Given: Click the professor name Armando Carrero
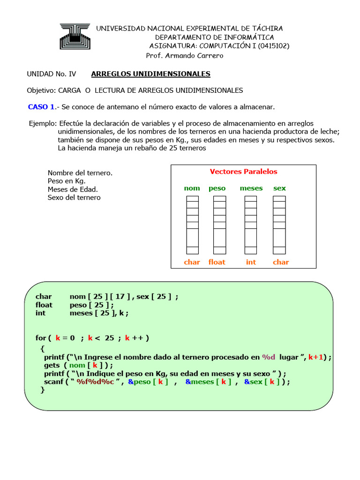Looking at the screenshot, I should coord(185,56).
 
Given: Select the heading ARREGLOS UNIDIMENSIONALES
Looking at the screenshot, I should coord(150,74).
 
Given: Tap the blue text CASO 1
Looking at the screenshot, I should coord(41,107).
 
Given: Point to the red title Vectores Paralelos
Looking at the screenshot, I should coord(243,172).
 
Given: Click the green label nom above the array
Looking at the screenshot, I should coord(192,188).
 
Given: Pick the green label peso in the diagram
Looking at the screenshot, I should coord(217,188).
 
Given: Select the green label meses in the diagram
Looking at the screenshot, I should coord(251,188).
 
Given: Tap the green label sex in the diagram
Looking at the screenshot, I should coord(279,188).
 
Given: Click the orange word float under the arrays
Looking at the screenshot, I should coord(217,262).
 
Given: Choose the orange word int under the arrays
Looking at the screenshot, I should coord(251,262).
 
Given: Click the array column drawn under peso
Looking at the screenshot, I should coord(219,225).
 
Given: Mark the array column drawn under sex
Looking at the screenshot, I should coord(279,225).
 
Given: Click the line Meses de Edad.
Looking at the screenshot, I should coord(73,189).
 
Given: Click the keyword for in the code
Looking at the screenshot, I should coord(41,338).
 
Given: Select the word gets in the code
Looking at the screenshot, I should coord(52,365).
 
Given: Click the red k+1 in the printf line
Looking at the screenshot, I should coord(317,357).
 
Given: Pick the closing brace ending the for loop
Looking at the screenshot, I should coord(43,390).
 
